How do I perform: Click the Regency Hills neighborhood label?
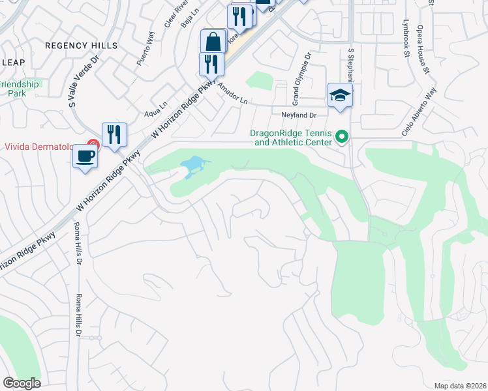(82, 46)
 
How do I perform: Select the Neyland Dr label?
(299, 115)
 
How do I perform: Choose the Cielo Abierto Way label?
(418, 112)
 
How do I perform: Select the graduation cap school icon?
(340, 95)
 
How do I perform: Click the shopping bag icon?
(213, 42)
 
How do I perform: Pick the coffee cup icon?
(85, 156)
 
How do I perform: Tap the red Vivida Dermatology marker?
(94, 146)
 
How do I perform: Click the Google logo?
(22, 383)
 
